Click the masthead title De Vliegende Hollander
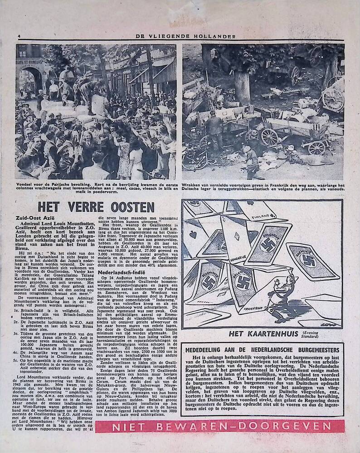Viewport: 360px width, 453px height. click(x=180, y=37)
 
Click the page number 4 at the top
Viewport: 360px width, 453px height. click(x=19, y=36)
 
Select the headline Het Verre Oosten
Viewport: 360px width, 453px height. click(x=96, y=207)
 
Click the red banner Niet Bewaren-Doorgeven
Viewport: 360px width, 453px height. click(x=219, y=426)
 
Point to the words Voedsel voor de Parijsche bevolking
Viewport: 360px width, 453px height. click(x=47, y=185)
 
